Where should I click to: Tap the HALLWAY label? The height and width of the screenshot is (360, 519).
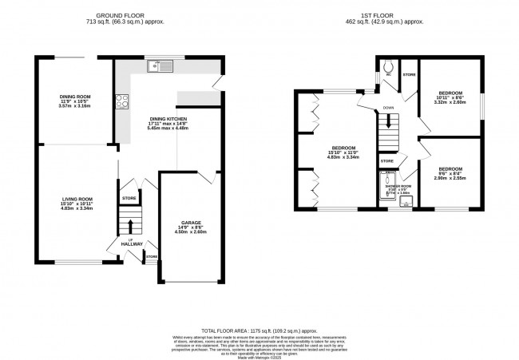(x=132, y=243)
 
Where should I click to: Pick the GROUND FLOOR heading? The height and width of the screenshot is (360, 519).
(x=124, y=16)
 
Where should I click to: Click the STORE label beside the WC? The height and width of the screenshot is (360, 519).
(x=410, y=75)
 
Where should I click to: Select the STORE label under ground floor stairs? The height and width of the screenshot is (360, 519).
(x=129, y=197)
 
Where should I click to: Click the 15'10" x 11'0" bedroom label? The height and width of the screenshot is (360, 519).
(x=345, y=148)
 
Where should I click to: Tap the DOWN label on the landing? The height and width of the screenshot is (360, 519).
(x=387, y=108)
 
